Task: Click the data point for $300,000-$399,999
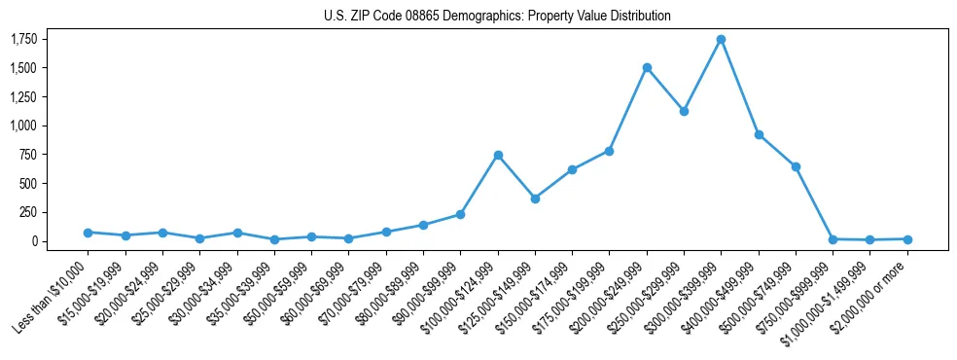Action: [x=721, y=40]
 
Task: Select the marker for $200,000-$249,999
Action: [x=647, y=68]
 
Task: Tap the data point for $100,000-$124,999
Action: [x=498, y=155]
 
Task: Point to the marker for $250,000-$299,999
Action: [x=684, y=111]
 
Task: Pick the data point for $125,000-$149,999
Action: [x=535, y=198]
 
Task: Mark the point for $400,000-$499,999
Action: [x=759, y=135]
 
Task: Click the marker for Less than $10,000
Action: [x=88, y=233]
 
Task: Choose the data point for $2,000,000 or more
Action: [x=907, y=239]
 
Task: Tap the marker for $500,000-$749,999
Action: [x=796, y=167]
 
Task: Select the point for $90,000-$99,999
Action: [x=460, y=214]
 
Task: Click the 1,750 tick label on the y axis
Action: [x=24, y=39]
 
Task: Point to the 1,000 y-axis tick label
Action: [x=24, y=126]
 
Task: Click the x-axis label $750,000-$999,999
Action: [x=798, y=290]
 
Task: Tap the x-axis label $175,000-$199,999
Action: [x=575, y=290]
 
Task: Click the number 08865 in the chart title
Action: [x=422, y=17]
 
